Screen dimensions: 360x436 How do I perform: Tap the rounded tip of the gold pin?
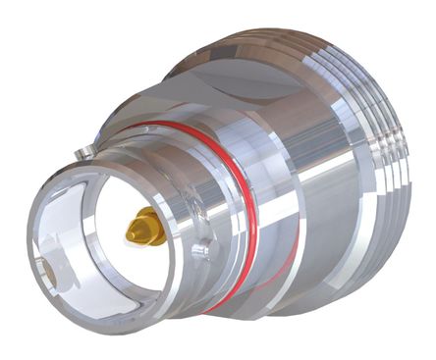point(130,234)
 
